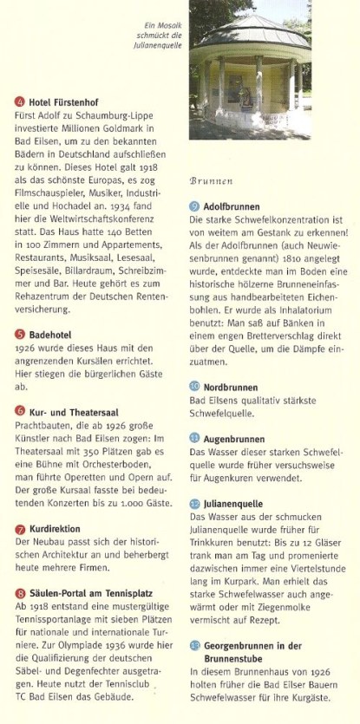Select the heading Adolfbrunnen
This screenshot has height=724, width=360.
[234, 207]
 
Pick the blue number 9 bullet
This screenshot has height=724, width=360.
[194, 207]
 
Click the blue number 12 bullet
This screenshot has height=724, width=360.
[194, 503]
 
